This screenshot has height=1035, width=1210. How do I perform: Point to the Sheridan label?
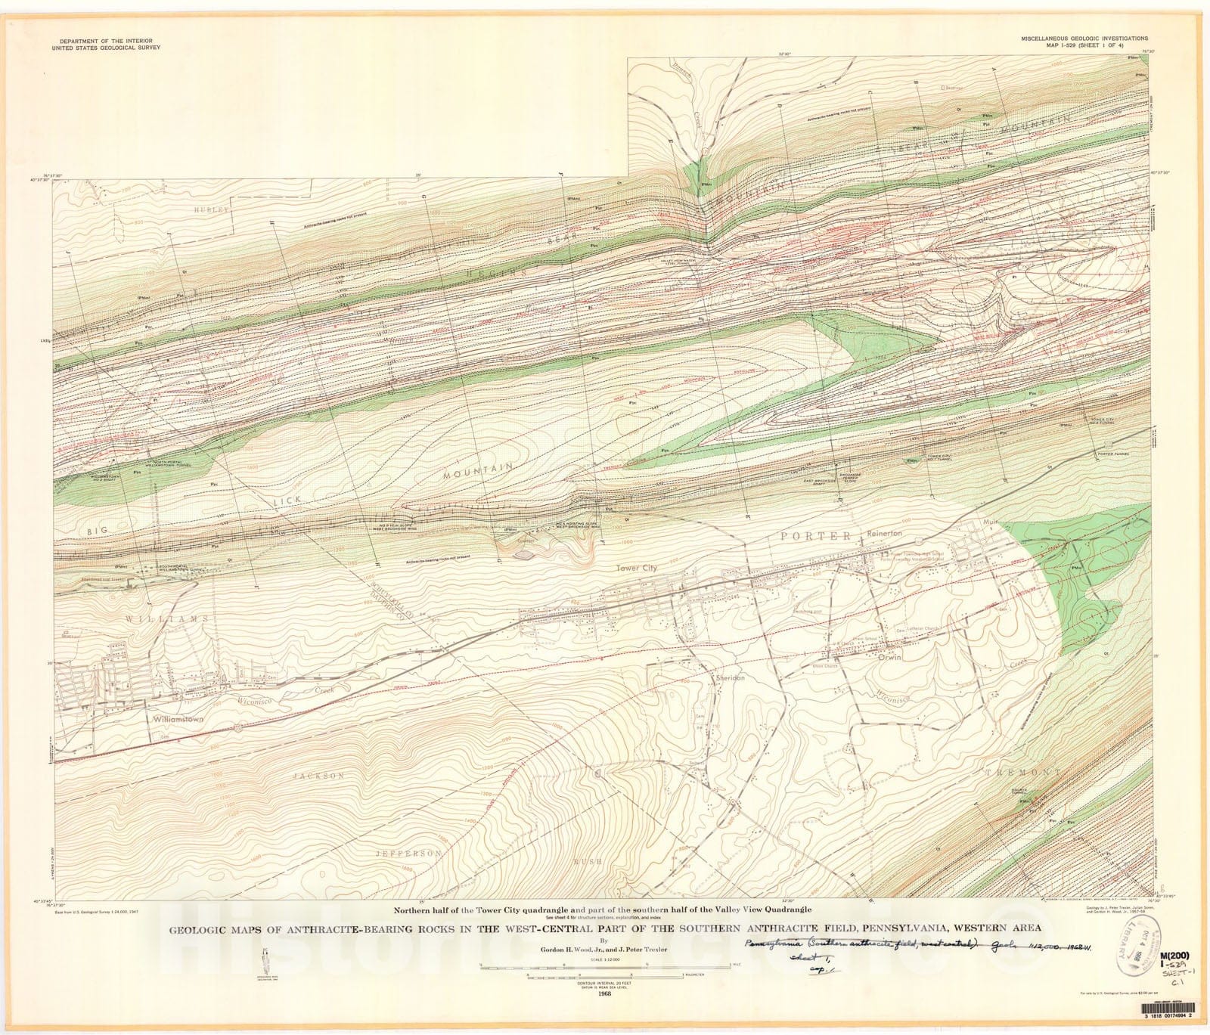coord(730,677)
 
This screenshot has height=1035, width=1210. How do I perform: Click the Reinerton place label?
coord(884,532)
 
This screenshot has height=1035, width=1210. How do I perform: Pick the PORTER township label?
coord(820,536)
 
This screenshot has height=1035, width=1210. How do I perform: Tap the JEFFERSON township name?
coord(409,853)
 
